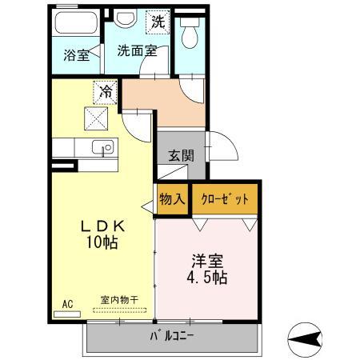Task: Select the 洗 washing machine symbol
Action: (x=157, y=22)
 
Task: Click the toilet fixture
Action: (x=190, y=33)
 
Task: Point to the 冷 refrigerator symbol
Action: (x=104, y=92)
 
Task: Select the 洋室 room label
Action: (x=206, y=261)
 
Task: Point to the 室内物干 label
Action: (x=118, y=300)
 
